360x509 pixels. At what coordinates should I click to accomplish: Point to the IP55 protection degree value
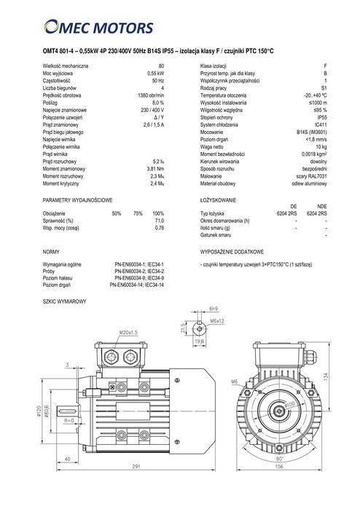(322, 114)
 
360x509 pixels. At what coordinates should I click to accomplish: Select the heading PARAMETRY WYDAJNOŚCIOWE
(77, 199)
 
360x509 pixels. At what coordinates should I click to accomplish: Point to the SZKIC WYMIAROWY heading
(65, 301)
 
